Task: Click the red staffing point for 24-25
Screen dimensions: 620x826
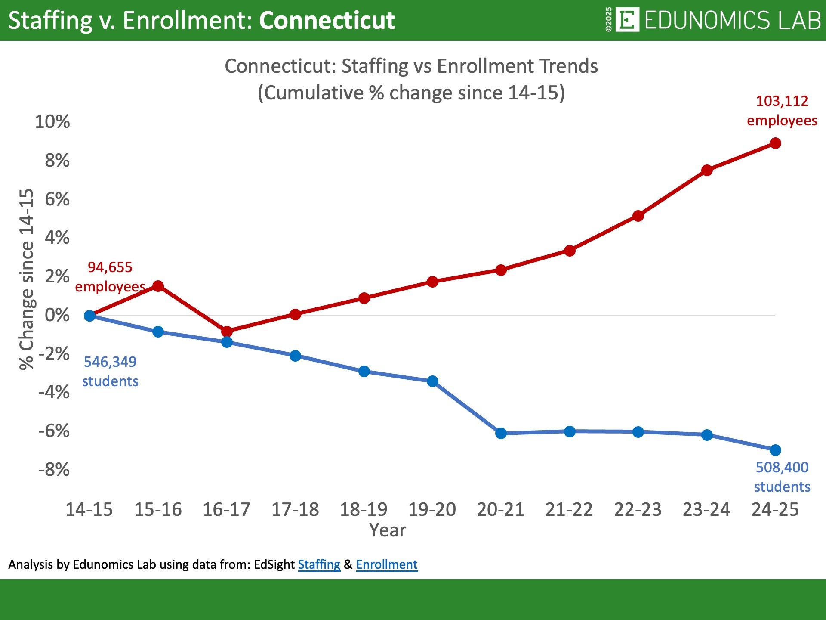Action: point(775,143)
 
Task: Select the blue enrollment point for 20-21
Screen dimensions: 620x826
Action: point(501,433)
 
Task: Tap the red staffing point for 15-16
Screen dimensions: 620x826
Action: point(158,286)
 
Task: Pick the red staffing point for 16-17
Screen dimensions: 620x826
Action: point(227,332)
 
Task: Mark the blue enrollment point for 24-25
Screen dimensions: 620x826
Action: point(775,450)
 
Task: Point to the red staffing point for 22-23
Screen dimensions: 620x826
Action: point(638,216)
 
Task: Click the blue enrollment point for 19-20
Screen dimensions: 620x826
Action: point(432,381)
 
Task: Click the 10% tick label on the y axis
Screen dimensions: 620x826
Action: point(52,122)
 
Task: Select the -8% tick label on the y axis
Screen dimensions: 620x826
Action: point(54,470)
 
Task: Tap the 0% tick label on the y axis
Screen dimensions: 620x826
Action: point(57,315)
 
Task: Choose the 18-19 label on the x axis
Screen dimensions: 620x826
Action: point(364,510)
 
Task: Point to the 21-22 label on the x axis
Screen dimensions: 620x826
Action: point(569,510)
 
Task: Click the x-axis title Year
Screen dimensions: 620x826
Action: point(387,530)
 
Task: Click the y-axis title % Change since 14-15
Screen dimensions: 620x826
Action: point(27,279)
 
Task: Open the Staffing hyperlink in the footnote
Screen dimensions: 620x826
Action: point(319,564)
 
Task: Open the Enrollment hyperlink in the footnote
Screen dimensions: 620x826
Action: point(387,564)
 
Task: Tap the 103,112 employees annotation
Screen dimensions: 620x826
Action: point(782,111)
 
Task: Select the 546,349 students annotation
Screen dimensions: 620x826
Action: point(110,372)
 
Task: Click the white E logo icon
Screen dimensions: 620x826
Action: point(627,20)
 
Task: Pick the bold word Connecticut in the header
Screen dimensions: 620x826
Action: point(327,20)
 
